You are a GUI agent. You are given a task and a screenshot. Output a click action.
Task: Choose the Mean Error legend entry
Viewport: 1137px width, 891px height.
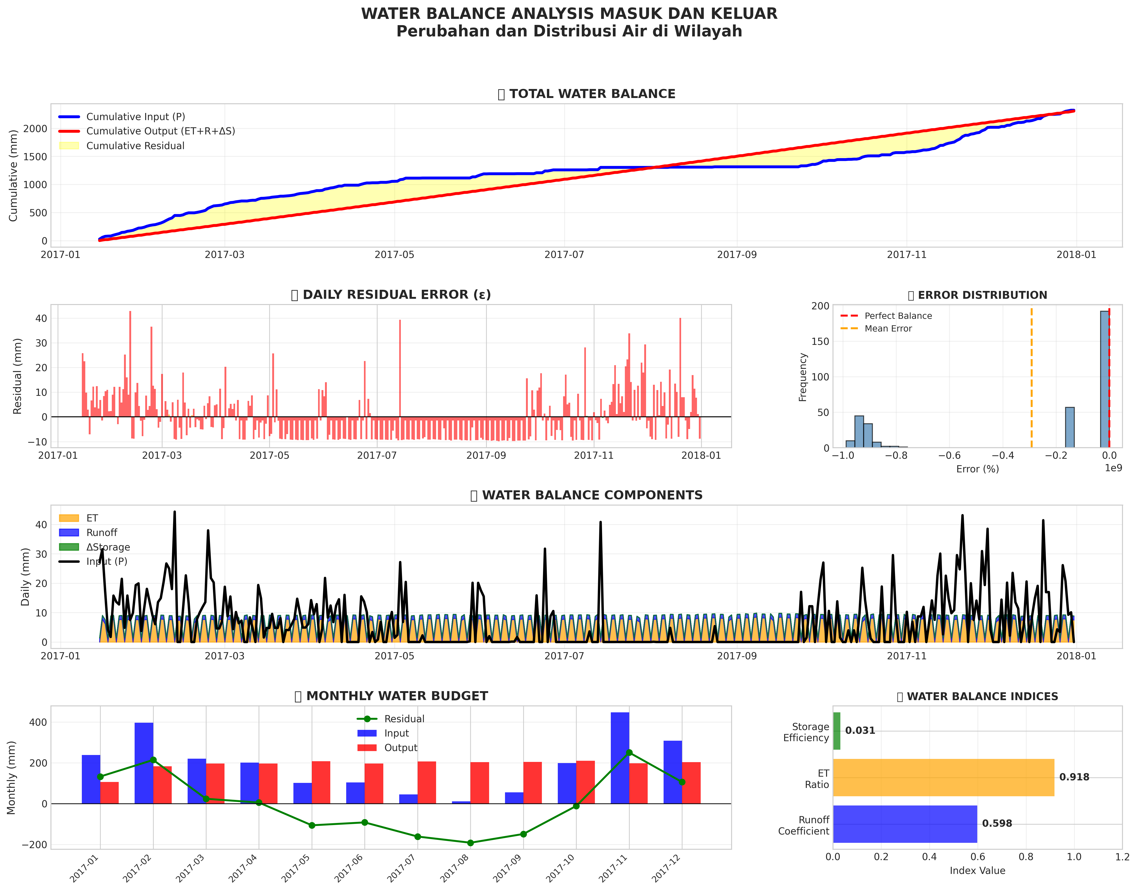888,329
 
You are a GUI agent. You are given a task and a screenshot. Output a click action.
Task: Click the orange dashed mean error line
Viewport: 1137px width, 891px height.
1031,376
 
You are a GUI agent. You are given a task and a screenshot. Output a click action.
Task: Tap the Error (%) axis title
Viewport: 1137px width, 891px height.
978,469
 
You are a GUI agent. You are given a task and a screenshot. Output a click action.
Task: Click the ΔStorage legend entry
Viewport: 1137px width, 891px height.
108,547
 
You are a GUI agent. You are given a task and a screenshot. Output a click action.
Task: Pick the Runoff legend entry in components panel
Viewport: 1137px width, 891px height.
102,533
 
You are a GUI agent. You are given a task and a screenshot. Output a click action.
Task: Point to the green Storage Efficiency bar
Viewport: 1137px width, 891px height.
837,731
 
